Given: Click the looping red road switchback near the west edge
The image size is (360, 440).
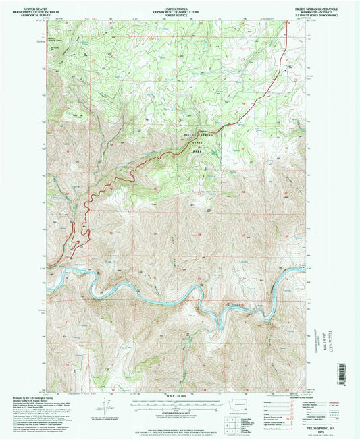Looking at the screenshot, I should coord(80,237).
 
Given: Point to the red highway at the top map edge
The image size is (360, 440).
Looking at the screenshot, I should coord(284,24).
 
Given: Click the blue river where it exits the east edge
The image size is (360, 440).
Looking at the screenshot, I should coord(303,269).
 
